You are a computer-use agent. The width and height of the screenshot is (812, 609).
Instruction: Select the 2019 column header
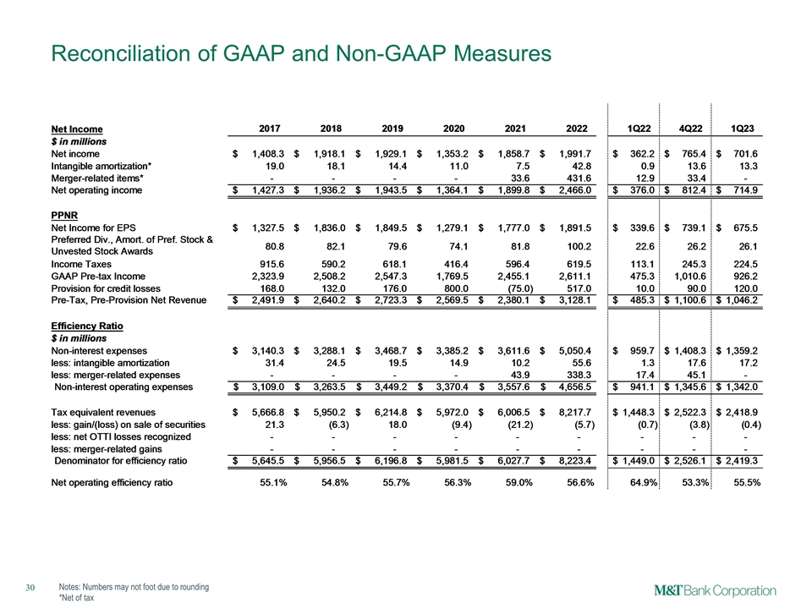[x=392, y=129]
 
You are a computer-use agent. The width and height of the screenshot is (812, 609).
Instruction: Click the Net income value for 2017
[x=265, y=154]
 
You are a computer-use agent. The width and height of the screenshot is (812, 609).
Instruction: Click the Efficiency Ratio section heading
[x=88, y=324]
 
